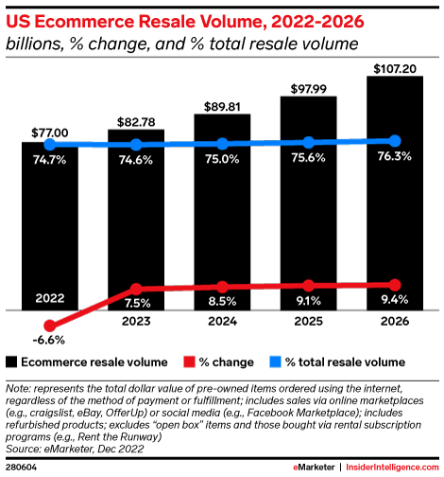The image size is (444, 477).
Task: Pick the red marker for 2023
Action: [x=136, y=289]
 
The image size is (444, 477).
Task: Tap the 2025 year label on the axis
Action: [x=309, y=322]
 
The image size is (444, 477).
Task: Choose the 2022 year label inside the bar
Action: [x=50, y=297]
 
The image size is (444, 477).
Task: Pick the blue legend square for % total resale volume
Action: [x=279, y=362]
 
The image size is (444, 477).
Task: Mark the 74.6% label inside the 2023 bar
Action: [x=136, y=161]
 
